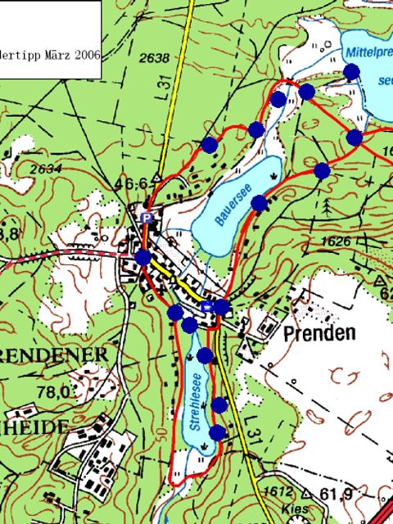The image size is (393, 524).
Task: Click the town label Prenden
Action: pos(320,334)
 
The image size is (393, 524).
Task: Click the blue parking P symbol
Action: pos(147,217)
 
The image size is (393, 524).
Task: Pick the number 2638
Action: pos(154,58)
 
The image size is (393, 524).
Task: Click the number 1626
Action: pos(336,242)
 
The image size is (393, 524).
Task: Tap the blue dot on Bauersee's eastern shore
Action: pos(260,203)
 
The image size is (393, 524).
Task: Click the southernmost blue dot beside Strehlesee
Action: pos(218,431)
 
